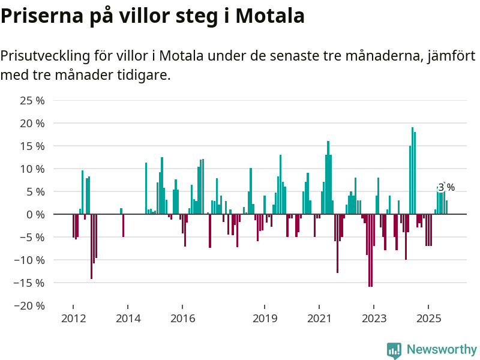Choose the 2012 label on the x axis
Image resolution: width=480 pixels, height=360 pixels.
[73, 318]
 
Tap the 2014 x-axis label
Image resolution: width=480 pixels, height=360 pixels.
[128, 318]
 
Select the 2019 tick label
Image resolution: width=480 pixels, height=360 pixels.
[265, 318]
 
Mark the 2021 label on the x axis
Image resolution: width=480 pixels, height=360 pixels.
[319, 318]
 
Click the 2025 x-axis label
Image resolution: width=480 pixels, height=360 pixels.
[429, 318]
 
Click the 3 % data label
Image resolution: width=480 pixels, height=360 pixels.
[446, 187]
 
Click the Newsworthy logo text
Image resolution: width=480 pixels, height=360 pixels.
[442, 349]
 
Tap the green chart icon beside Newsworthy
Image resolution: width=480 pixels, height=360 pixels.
[394, 350]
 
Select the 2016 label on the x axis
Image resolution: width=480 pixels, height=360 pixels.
[182, 318]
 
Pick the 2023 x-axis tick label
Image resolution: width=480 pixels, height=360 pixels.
[374, 318]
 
